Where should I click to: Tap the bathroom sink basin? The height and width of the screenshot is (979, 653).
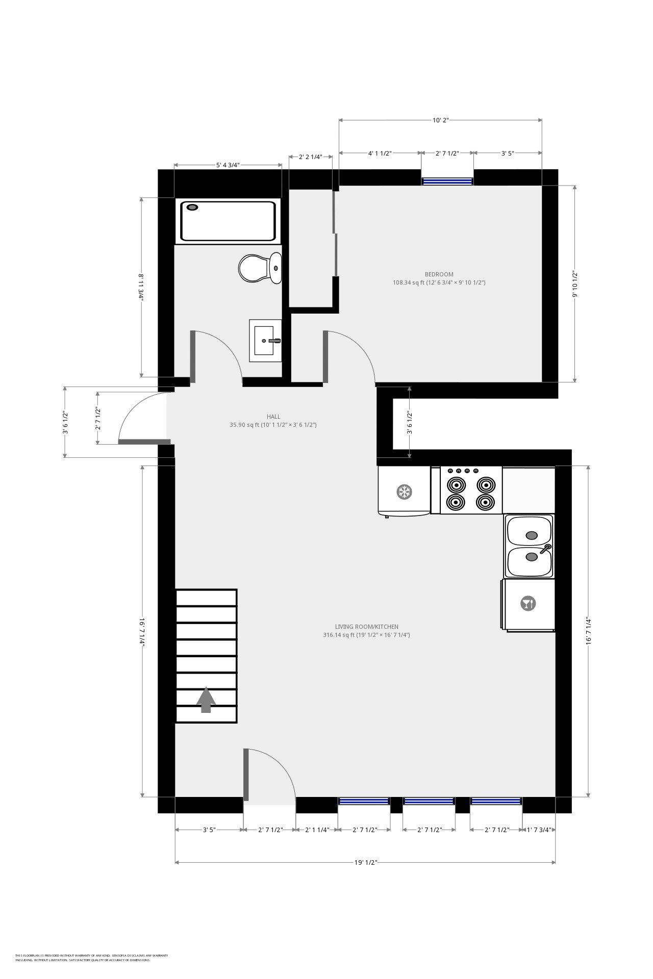click(265, 340)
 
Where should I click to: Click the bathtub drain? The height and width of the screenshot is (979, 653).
click(192, 207)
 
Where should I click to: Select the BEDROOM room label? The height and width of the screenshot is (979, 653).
click(439, 274)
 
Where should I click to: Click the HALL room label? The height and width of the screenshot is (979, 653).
click(273, 417)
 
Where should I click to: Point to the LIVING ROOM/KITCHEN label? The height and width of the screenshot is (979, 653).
click(366, 627)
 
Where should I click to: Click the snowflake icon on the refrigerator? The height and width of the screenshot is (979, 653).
click(405, 492)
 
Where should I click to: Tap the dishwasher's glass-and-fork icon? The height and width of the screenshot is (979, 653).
click(528, 604)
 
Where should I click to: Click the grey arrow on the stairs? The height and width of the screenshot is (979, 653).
click(206, 700)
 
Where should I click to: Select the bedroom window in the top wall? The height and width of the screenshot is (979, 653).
click(447, 181)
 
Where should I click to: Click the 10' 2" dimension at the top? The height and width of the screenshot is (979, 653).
click(440, 120)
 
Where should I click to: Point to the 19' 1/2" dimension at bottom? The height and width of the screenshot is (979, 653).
click(365, 863)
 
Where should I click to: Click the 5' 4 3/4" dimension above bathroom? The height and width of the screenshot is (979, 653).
click(228, 165)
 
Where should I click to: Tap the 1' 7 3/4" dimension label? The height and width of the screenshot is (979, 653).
click(539, 830)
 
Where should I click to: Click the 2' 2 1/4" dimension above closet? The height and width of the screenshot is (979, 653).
click(310, 157)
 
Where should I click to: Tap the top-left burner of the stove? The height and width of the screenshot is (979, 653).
click(456, 483)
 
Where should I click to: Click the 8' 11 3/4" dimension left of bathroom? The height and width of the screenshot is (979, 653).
click(141, 287)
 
